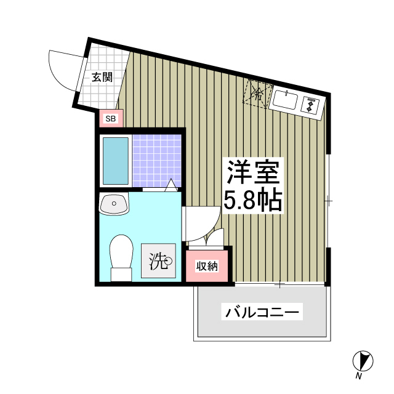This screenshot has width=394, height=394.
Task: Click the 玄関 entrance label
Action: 102,78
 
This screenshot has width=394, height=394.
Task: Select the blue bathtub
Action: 115,161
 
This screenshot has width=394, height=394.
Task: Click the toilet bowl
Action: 121,254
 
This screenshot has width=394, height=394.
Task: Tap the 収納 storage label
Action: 207,266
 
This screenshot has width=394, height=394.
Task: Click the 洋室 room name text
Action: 252,172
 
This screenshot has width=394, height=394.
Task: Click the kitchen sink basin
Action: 284,100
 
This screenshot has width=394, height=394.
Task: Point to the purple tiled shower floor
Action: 157,159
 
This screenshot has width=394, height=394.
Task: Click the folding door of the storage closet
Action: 215,238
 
